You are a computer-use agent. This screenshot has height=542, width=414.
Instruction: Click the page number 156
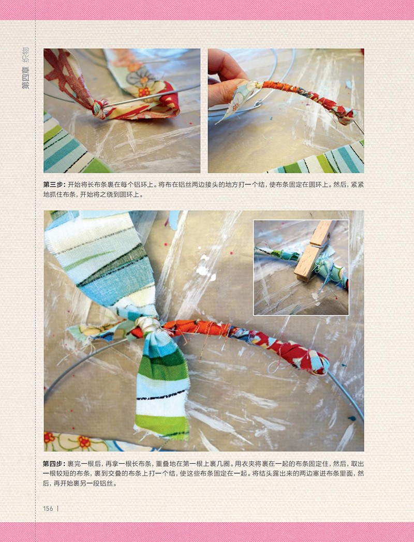48,508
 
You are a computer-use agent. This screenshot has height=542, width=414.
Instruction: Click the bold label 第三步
54,185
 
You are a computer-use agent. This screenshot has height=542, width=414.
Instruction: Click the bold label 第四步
54,464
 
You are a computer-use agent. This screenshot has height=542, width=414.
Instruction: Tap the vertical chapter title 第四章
26,78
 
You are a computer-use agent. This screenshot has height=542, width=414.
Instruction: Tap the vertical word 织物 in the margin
26,55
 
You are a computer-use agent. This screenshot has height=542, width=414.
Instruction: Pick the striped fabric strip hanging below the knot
162,384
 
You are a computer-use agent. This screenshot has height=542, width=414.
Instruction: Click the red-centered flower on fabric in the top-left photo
144,92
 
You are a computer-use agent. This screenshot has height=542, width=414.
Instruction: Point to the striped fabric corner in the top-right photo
321,159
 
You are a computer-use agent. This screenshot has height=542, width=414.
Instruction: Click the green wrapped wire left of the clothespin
276,254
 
